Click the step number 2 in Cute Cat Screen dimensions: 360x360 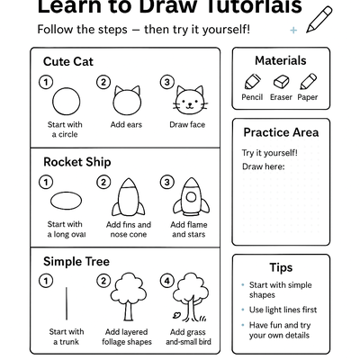(x=104, y=82)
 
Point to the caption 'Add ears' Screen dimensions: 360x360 (x=129, y=124)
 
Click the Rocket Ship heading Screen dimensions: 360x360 (x=76, y=162)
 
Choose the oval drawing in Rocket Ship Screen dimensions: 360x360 (x=66, y=199)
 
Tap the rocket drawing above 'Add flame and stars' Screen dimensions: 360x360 (x=190, y=196)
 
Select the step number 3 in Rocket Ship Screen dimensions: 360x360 (x=166, y=183)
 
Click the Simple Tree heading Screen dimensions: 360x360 (x=76, y=261)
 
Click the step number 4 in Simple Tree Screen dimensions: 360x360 (x=166, y=280)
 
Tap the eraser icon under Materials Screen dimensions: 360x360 (x=280, y=82)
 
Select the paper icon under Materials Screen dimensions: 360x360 (x=308, y=82)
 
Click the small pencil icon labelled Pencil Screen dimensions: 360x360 (x=252, y=82)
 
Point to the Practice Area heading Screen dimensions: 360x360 (x=281, y=132)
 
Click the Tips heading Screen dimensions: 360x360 (x=281, y=267)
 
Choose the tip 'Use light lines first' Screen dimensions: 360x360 (x=282, y=309)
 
